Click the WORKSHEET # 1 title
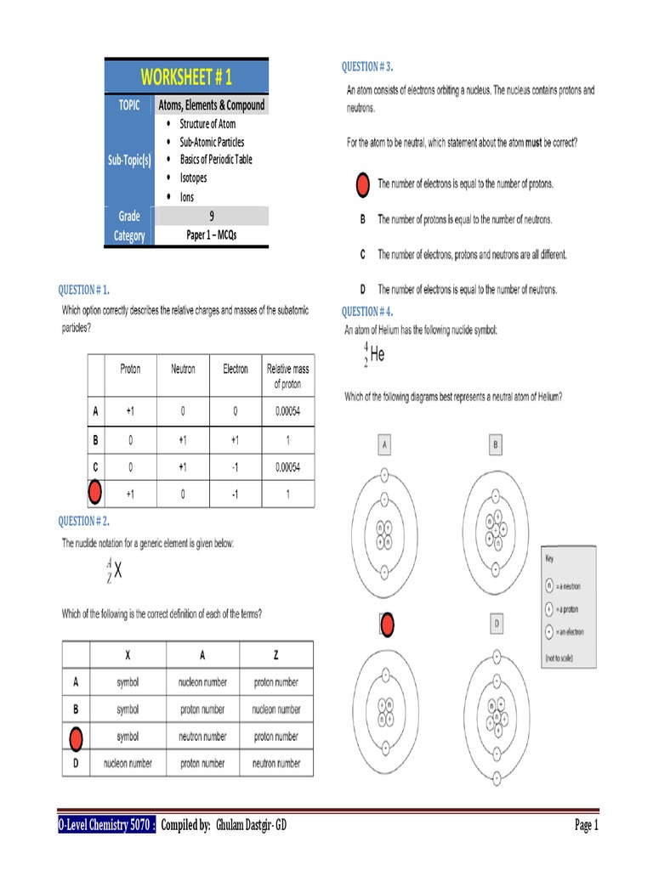coord(186,77)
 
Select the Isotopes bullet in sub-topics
coord(193,178)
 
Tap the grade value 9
coord(211,217)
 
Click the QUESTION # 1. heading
coord(83,290)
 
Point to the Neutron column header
coord(183,370)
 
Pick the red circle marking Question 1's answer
coord(95,492)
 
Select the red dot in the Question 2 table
coord(76,737)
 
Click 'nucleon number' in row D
coord(128,763)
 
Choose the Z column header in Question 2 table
coord(275,655)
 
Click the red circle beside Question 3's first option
coord(361,184)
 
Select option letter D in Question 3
coord(362,290)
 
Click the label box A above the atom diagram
coord(384,443)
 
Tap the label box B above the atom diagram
coord(495,443)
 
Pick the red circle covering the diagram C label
coord(386,625)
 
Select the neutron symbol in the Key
coord(550,585)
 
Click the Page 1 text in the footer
coord(587,825)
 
